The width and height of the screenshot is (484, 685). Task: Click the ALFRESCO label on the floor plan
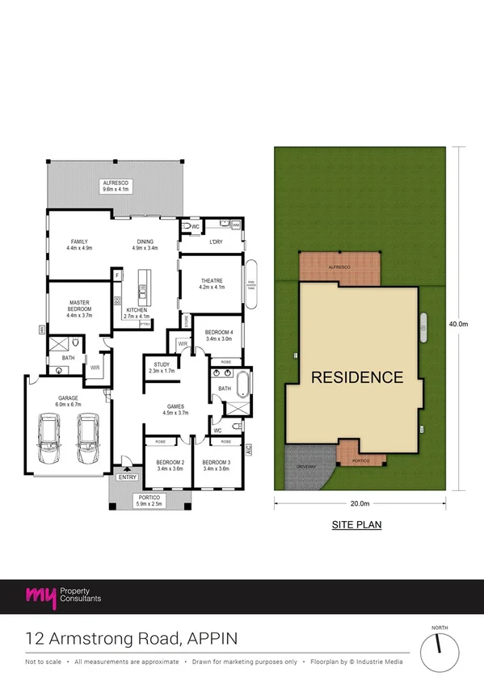(x=116, y=183)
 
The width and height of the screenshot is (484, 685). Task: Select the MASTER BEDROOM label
(x=79, y=305)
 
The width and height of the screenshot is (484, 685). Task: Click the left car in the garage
(x=50, y=438)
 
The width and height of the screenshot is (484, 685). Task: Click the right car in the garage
(x=87, y=438)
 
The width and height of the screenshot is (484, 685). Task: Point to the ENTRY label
(x=128, y=478)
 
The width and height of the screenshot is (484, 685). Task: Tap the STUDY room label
(x=160, y=364)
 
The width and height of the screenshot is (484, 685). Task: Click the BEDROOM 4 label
(x=219, y=333)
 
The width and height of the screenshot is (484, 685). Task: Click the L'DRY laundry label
(x=216, y=242)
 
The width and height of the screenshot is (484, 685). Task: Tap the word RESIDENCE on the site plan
(x=357, y=376)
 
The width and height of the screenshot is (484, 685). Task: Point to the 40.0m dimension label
(x=459, y=324)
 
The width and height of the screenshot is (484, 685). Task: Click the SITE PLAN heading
(x=356, y=525)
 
